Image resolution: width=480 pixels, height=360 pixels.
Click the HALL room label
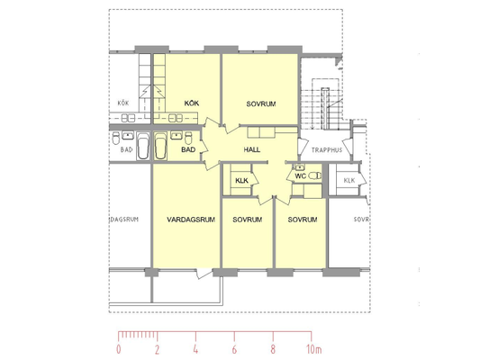tap(252, 149)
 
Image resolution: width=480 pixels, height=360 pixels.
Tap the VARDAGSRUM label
tap(191, 220)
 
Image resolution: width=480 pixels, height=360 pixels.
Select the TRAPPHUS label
tap(327, 150)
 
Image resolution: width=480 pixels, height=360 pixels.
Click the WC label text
tap(300, 176)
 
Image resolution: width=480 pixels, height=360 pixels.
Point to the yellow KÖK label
tap(192, 103)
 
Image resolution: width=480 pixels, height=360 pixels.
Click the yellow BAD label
tap(188, 149)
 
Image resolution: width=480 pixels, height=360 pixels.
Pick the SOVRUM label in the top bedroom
tap(261, 104)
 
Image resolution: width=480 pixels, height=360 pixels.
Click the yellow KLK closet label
tap(242, 181)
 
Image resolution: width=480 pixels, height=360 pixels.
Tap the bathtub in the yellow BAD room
tap(160, 146)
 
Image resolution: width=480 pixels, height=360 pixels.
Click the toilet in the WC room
tap(314, 175)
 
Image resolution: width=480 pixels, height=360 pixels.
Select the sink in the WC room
tap(299, 167)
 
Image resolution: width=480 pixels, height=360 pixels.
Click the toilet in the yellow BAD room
tap(188, 138)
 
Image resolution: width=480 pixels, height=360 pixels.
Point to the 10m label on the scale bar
tap(314, 349)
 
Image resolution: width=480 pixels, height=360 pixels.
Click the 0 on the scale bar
tap(119, 349)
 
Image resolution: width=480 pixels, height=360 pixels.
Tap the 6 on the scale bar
tap(234, 349)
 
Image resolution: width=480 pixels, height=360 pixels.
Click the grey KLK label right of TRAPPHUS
tap(349, 180)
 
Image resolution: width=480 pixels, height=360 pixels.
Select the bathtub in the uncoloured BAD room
tap(143, 146)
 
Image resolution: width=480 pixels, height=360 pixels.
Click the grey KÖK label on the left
tap(123, 103)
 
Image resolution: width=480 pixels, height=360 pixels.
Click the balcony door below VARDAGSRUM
tap(204, 273)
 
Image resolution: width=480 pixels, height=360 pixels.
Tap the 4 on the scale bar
tap(195, 349)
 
